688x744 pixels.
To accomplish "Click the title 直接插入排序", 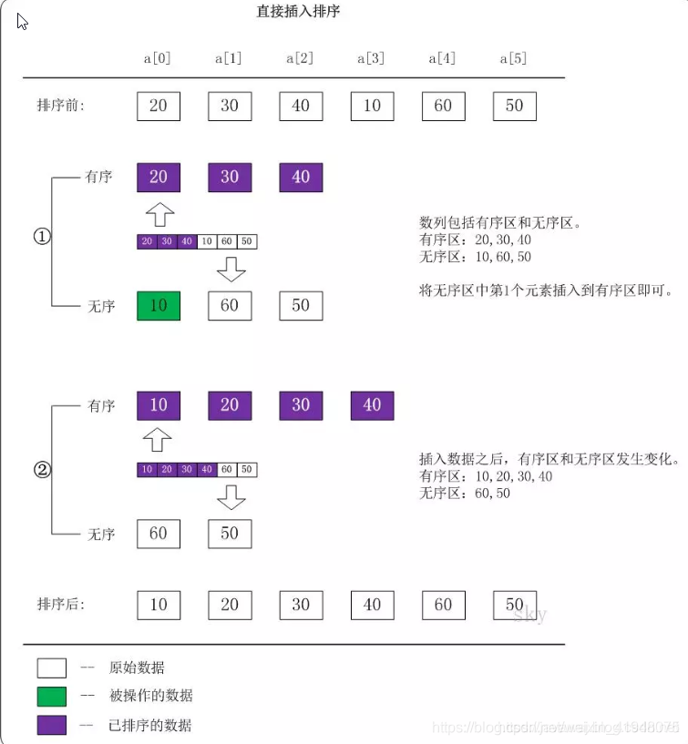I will [299, 12].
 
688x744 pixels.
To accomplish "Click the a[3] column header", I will [372, 58].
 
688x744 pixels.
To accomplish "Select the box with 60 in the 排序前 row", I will [443, 106].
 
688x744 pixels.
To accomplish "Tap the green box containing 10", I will [159, 305].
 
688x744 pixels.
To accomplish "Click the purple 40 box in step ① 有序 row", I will [301, 177].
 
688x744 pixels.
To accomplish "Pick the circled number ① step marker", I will [42, 237].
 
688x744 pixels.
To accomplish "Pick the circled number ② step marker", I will [42, 471].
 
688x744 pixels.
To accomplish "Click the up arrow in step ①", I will [159, 214].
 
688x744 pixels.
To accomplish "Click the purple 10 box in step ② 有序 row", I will [159, 405].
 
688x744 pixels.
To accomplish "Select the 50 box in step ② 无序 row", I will [230, 534].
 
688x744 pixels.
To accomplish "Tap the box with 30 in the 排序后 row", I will [301, 605].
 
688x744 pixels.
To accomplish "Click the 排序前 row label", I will [61, 106].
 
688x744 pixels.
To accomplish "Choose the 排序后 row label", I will [61, 605].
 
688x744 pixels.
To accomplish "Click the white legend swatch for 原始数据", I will [52, 668].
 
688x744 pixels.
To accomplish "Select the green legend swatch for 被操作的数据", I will [52, 697].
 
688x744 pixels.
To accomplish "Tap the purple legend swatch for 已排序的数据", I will [52, 726].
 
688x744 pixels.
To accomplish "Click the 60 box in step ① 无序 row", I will [230, 305].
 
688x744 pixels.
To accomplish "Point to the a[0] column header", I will [158, 58].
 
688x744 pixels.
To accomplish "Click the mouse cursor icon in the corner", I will [22, 20].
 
